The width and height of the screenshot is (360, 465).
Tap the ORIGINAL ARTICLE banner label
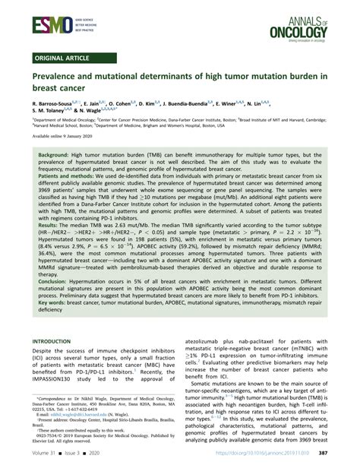pos(64,57)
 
